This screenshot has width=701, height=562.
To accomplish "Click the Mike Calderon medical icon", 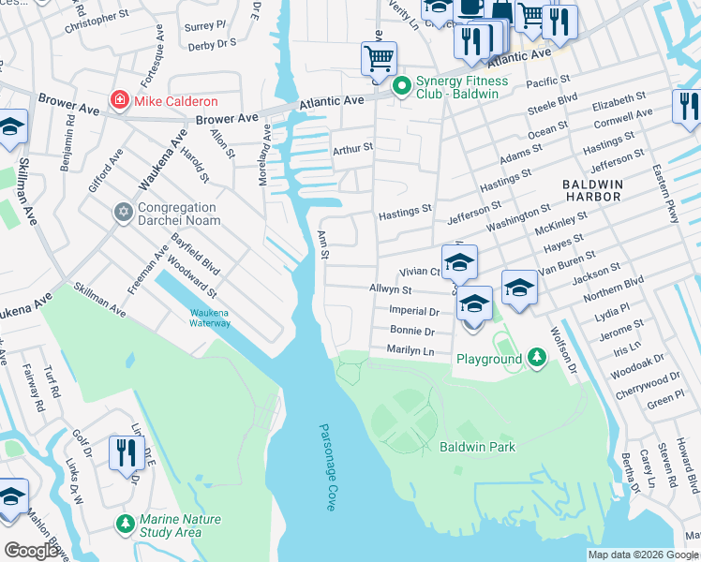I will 120,100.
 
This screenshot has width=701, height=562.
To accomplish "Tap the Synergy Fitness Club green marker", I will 402,87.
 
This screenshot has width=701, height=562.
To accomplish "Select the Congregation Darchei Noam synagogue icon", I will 123,214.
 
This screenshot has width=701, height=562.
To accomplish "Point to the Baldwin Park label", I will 477,447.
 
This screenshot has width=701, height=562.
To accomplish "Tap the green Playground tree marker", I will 536,359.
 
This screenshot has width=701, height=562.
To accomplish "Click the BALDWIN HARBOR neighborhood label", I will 591,191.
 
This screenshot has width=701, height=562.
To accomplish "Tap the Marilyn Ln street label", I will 410,349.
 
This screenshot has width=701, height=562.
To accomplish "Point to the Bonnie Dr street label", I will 412,331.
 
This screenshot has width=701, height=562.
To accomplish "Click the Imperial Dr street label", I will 412,310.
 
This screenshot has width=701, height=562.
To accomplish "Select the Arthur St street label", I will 352,148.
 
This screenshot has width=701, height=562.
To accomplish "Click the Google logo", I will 32,550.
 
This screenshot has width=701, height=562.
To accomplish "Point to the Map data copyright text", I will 642,555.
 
